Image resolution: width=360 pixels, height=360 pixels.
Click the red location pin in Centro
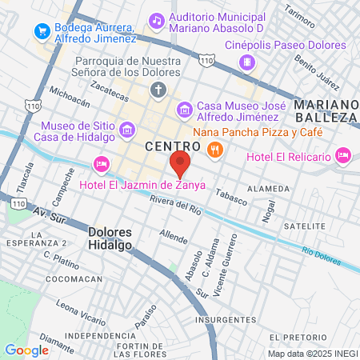click(180, 164)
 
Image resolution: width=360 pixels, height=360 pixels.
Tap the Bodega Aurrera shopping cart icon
click(39, 30)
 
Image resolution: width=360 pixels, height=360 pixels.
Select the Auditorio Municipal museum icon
click(154, 18)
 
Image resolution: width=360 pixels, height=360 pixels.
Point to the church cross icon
click(158, 89)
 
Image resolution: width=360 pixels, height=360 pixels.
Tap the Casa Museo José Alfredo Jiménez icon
click(184, 109)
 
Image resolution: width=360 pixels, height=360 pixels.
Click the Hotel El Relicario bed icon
click(344, 154)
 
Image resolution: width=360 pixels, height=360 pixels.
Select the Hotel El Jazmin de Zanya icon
click(101, 165)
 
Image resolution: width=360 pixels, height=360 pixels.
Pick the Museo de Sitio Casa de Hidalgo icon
click(126, 130)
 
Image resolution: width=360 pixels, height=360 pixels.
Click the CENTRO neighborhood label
click(172, 146)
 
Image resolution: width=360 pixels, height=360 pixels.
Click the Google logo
click(26, 350)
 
